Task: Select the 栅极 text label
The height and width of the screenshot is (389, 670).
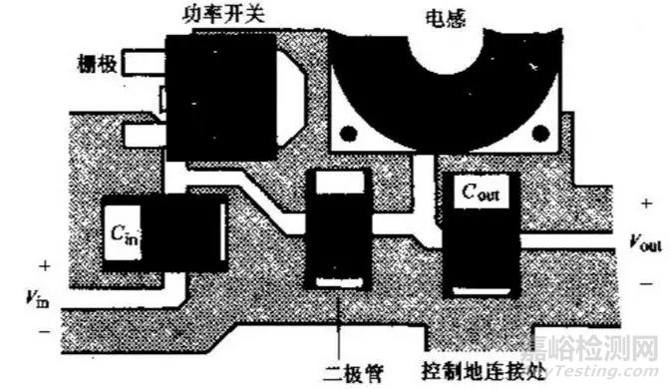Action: click(x=98, y=64)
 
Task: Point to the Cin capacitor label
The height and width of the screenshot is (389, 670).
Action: click(x=126, y=236)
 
